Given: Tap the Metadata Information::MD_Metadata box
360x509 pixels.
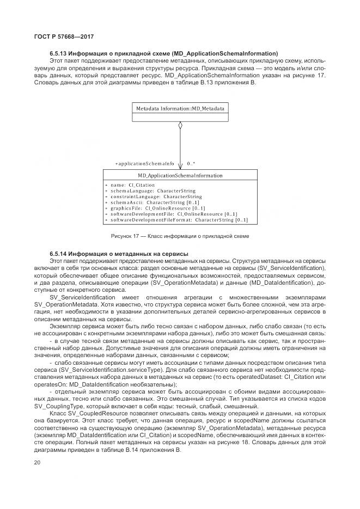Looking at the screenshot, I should tap(180, 108).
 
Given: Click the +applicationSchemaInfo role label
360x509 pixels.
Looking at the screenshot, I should tap(144, 163).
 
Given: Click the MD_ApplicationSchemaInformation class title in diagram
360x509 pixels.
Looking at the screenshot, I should tap(180, 176).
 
